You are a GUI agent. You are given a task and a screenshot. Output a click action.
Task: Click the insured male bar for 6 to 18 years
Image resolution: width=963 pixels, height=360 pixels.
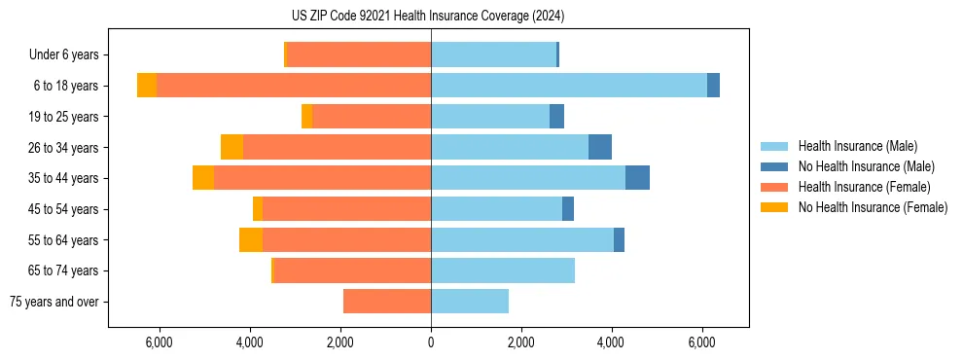point(569,86)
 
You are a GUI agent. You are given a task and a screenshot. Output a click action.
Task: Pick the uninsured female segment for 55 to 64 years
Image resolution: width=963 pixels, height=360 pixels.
point(251,239)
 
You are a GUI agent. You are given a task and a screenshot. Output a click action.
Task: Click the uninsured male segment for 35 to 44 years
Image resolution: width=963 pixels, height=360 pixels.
point(637,178)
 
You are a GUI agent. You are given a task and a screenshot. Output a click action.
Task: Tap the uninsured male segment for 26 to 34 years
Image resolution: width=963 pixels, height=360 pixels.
point(600,147)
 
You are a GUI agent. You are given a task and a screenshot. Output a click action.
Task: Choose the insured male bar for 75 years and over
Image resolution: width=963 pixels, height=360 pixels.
point(470,302)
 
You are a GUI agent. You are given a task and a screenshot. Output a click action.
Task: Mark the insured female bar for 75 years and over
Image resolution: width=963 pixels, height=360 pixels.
point(387,302)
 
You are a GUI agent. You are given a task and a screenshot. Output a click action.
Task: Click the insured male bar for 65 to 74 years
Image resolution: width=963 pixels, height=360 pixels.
point(503,270)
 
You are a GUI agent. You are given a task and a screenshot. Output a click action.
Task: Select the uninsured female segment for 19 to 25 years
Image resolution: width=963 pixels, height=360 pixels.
point(307,117)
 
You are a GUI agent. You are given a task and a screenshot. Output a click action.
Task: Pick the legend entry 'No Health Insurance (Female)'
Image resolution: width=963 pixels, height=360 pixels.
point(873,207)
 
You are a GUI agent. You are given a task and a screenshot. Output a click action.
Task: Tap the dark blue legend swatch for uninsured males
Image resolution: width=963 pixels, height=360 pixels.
point(775,166)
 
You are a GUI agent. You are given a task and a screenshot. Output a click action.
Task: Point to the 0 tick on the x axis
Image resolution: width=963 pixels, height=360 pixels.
point(431,342)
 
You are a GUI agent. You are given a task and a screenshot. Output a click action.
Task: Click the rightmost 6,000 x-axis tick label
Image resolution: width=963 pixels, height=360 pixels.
point(702,342)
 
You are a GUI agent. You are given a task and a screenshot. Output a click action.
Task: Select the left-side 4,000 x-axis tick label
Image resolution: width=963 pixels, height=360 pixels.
point(250,342)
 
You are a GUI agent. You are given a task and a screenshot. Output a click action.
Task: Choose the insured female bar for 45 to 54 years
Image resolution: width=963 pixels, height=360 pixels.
point(346,209)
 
